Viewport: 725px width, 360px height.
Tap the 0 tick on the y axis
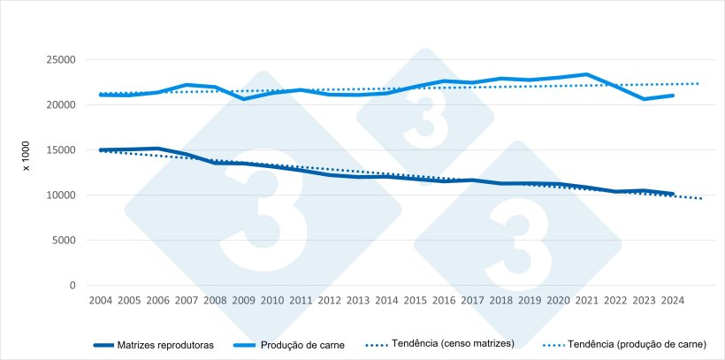tap(72, 286)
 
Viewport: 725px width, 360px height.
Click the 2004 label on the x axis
tap(100, 301)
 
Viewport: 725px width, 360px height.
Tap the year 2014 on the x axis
tap(386, 301)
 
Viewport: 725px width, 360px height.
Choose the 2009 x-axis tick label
tap(243, 301)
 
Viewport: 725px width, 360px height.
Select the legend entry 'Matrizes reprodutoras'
tap(165, 345)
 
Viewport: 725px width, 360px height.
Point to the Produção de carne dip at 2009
tap(243, 99)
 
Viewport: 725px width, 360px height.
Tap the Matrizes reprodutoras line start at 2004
tap(100, 150)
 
